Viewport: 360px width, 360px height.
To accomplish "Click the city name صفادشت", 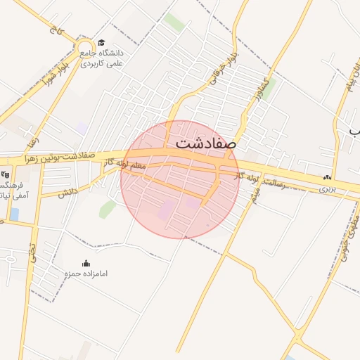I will tap(207, 144).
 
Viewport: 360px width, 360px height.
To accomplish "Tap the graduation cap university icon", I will tap(103, 43).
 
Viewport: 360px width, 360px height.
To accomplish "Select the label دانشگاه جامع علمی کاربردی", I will tap(103, 58).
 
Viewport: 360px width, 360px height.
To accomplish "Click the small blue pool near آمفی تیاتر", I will tap(14, 214).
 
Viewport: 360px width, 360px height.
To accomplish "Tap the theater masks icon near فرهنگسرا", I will tap(6, 174).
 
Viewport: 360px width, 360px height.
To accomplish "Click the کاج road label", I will tap(53, 28).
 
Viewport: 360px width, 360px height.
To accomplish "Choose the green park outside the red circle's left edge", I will tap(108, 208).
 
